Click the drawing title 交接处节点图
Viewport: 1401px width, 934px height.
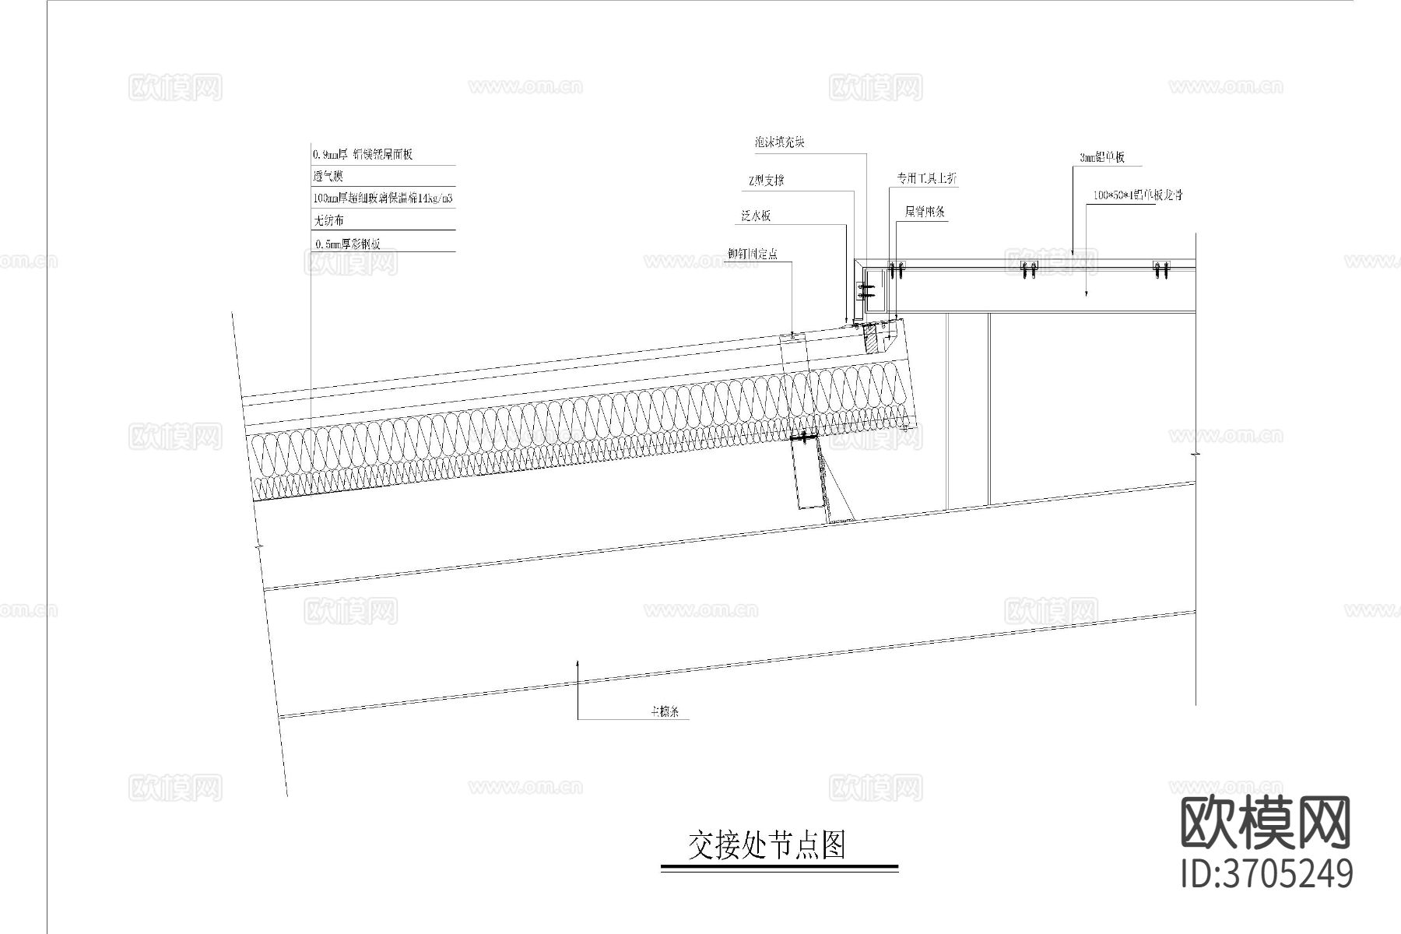(x=767, y=845)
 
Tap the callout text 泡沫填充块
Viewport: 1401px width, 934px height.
(x=779, y=142)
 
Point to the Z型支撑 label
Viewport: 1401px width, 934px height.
(x=765, y=181)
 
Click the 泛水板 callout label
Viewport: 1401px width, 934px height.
(x=756, y=216)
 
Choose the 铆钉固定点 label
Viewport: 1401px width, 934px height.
(x=752, y=254)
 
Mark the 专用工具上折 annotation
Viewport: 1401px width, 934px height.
(x=926, y=179)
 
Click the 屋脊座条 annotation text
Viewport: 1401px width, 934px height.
(x=925, y=212)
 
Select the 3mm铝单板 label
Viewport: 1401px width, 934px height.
(x=1101, y=158)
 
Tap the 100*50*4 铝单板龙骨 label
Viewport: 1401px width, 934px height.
(x=1137, y=195)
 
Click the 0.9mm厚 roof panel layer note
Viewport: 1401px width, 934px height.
(x=362, y=154)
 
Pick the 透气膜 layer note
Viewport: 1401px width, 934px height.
(x=328, y=177)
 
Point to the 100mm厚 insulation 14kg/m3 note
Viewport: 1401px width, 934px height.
(x=382, y=198)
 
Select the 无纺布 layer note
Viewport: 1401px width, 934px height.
(x=328, y=221)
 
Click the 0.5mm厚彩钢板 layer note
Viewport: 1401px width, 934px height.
(x=348, y=244)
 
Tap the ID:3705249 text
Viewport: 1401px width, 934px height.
(x=1266, y=873)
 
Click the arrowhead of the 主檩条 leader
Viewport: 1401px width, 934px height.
(x=578, y=662)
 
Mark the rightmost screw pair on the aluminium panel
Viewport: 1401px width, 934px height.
(x=1162, y=269)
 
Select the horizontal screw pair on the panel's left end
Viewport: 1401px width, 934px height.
(x=866, y=292)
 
